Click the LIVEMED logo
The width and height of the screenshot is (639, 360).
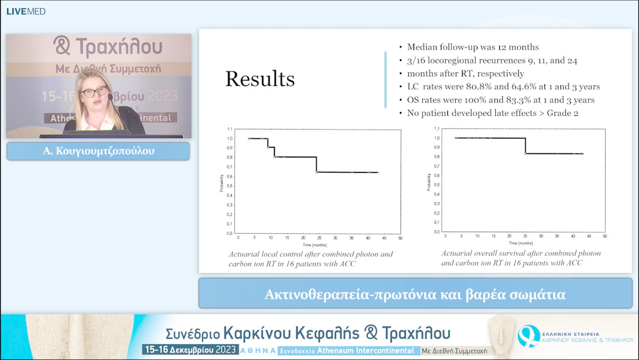click(25, 11)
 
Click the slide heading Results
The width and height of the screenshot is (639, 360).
click(260, 79)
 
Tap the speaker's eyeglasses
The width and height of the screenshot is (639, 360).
click(95, 92)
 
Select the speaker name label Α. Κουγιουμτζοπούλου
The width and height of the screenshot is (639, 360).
click(98, 152)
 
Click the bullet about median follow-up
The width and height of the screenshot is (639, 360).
click(473, 47)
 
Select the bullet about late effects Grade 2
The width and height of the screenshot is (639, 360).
click(489, 113)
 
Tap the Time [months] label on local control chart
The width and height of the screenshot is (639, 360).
click(312, 245)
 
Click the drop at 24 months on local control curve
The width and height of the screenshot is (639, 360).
click(317, 165)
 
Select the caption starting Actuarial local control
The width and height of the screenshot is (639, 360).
click(311, 259)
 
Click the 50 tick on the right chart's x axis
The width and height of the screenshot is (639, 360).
click(604, 236)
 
